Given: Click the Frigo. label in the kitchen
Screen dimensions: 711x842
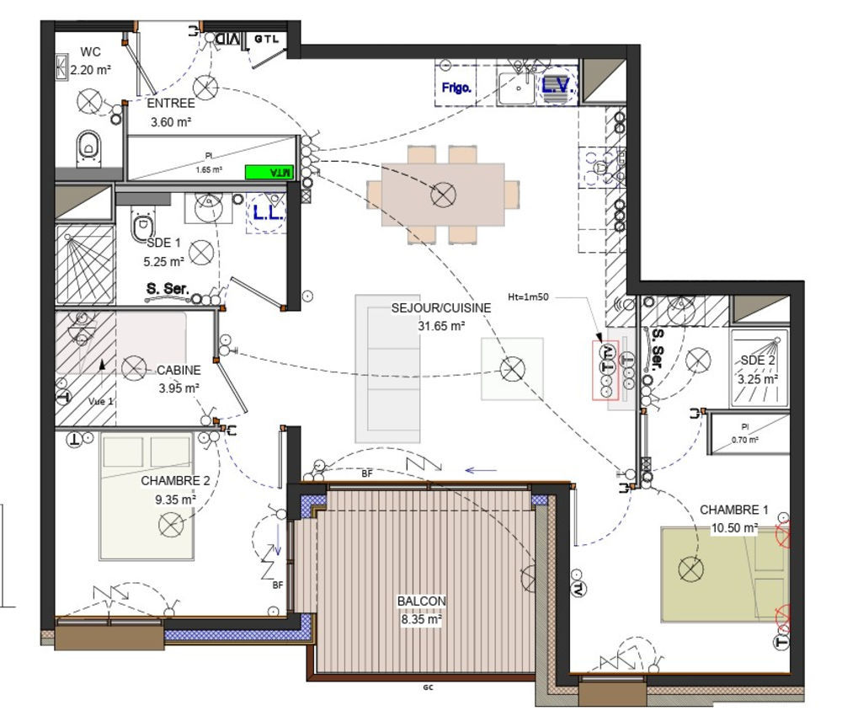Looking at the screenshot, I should point(456,88).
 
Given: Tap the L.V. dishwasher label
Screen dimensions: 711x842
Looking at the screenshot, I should point(557,85).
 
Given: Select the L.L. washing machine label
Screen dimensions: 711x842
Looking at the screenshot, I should point(268,214).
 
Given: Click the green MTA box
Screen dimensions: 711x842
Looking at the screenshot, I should point(270,173).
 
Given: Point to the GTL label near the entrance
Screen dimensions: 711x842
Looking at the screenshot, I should point(265,39).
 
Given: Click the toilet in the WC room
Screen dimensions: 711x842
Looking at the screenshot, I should point(88,147).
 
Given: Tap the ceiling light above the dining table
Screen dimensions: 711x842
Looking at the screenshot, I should point(443,196).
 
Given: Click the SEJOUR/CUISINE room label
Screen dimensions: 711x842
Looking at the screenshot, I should point(440,308).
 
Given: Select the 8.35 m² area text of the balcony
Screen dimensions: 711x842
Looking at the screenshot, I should point(421,617).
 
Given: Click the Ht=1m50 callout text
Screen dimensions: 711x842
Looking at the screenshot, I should point(528,297).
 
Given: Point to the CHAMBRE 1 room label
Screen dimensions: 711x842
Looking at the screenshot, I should point(734,511).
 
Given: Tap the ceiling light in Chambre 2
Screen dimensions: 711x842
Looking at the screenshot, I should point(171,525).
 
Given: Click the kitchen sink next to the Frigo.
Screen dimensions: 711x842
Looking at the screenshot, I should point(514,86).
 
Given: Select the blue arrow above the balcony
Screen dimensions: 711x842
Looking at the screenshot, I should point(482,471).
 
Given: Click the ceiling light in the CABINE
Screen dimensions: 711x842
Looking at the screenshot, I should point(133,367).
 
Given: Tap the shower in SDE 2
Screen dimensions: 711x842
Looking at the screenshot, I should point(759,347).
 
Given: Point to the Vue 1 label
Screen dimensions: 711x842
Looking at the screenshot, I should point(100,402).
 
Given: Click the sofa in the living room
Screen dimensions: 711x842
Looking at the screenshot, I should point(386,368).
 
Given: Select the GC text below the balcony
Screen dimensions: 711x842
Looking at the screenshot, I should point(428,687).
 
